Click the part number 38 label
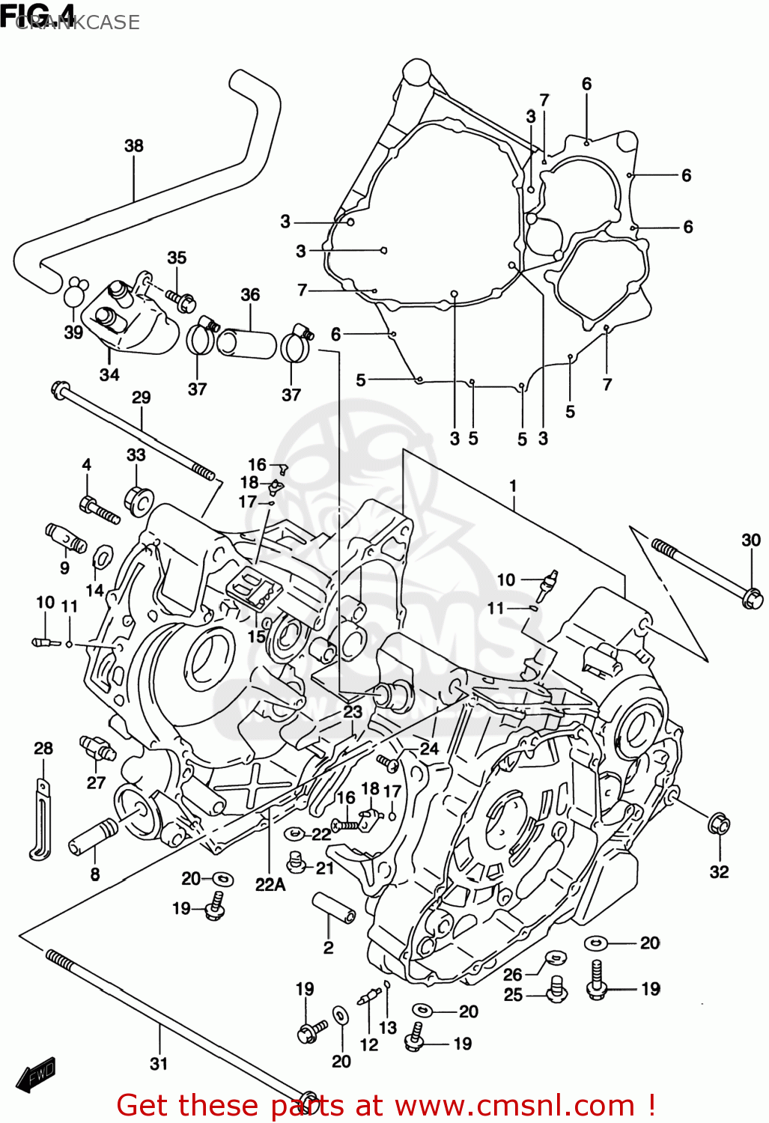click(x=134, y=145)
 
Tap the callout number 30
click(x=750, y=540)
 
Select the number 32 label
click(x=719, y=871)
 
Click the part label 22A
click(x=270, y=884)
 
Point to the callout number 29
click(x=142, y=398)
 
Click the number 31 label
click(x=159, y=1063)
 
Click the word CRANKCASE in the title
click(x=77, y=22)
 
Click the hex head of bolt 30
click(x=753, y=597)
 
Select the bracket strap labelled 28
click(x=40, y=816)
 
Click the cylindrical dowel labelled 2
click(x=332, y=908)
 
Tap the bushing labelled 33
click(x=139, y=499)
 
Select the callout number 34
click(x=109, y=374)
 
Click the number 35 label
click(x=177, y=258)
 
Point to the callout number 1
click(x=513, y=486)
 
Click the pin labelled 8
click(x=94, y=836)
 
